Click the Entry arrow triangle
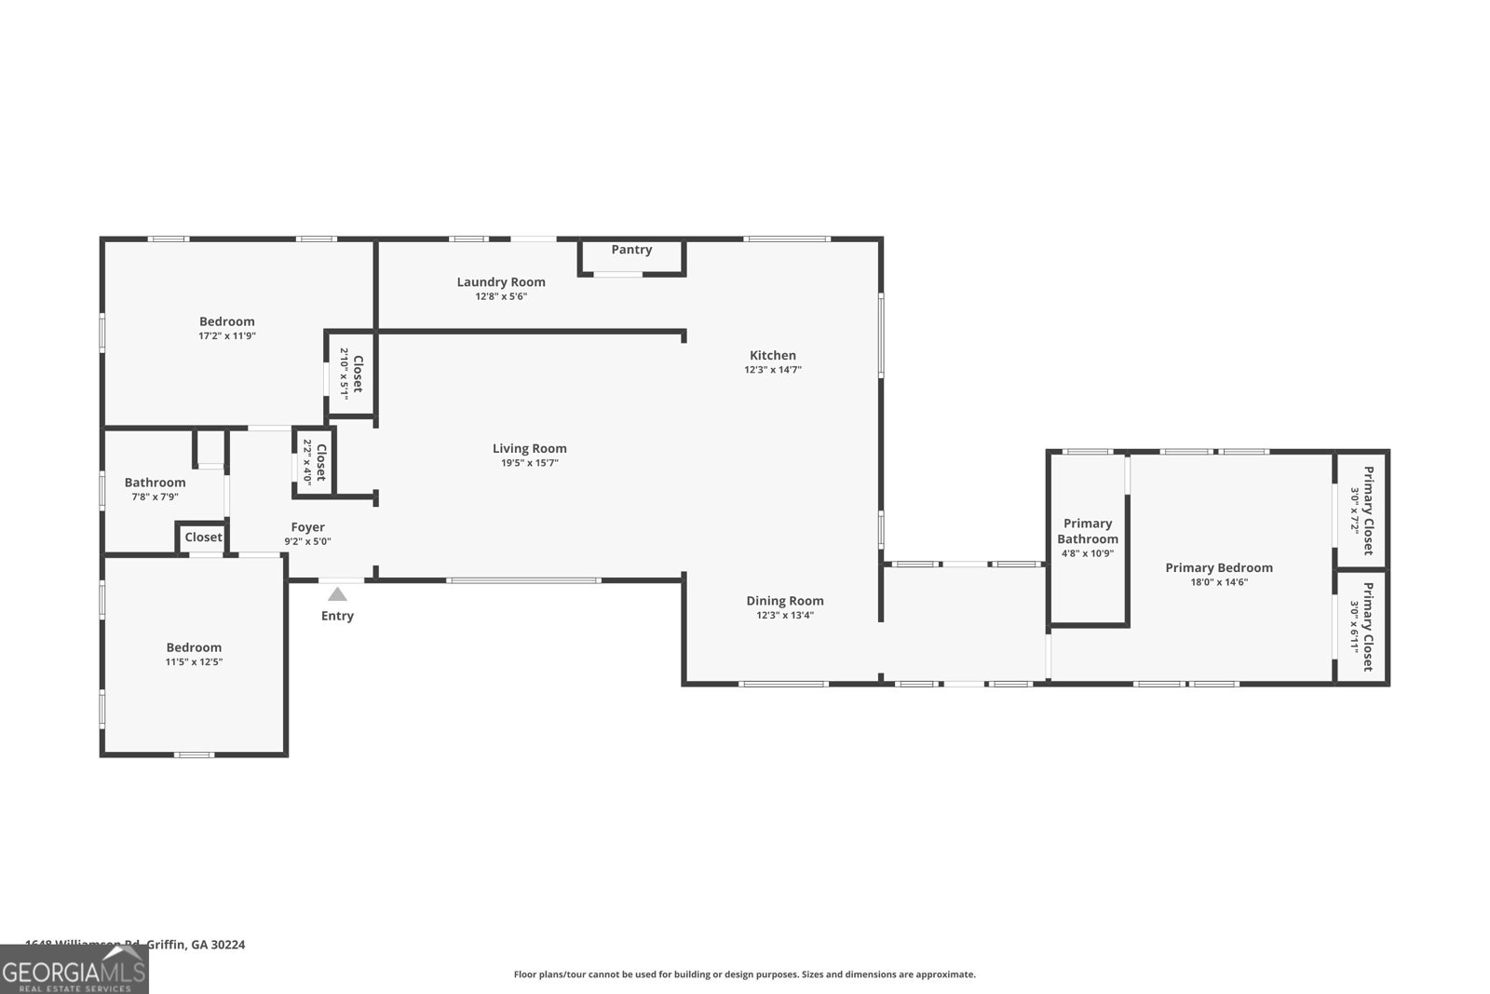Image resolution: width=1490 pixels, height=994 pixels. pyautogui.click(x=337, y=594)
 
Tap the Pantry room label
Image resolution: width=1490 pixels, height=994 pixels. pyautogui.click(x=631, y=250)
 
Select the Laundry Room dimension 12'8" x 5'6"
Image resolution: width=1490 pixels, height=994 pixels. pyautogui.click(x=501, y=296)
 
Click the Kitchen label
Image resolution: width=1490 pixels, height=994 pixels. pyautogui.click(x=772, y=355)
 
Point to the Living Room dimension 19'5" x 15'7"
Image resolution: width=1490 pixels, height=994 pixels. pyautogui.click(x=529, y=463)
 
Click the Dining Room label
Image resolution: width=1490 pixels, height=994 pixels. pyautogui.click(x=784, y=601)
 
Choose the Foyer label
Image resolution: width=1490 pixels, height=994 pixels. pyautogui.click(x=307, y=527)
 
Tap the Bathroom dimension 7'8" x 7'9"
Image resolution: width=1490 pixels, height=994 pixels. pyautogui.click(x=155, y=497)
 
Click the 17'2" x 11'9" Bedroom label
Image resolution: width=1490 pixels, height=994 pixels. pyautogui.click(x=226, y=321)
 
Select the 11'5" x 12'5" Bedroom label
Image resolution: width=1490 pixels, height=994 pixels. pyautogui.click(x=194, y=647)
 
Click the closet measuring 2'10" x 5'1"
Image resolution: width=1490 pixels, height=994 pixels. pyautogui.click(x=350, y=374)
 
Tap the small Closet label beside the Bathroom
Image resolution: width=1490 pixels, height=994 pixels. pyautogui.click(x=203, y=538)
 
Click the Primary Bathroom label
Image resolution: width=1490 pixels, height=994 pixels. pyautogui.click(x=1087, y=531)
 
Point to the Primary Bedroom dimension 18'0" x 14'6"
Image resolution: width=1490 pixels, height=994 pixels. pyautogui.click(x=1218, y=582)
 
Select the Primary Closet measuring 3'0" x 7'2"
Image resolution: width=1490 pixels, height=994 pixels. pyautogui.click(x=1361, y=511)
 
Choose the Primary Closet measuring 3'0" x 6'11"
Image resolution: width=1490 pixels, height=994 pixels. pyautogui.click(x=1361, y=626)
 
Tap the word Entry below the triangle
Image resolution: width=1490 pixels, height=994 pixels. pyautogui.click(x=337, y=616)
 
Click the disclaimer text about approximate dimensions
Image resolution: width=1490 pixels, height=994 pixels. pyautogui.click(x=744, y=974)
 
